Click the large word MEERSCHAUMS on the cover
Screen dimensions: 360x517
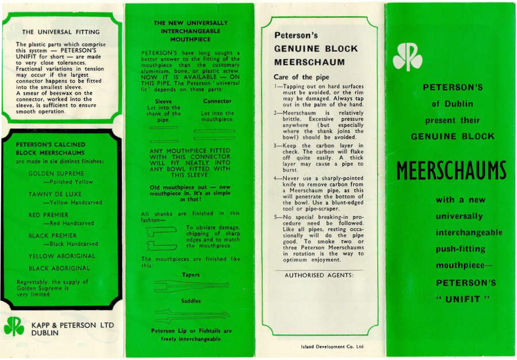[x=452, y=170]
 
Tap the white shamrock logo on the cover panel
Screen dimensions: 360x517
[x=407, y=57]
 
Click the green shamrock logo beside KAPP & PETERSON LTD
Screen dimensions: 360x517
[x=14, y=326]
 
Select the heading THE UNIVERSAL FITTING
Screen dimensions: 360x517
[x=61, y=32]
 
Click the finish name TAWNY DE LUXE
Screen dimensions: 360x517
[x=55, y=194]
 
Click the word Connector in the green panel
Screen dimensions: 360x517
[x=217, y=102]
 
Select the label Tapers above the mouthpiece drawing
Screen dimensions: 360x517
[x=191, y=274]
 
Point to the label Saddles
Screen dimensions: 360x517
[x=191, y=301]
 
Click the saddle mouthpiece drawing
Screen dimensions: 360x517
[x=191, y=315]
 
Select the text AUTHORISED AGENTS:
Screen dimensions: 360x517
[x=319, y=274]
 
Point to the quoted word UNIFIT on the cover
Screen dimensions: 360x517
[x=452, y=299]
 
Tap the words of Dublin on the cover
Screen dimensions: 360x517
[x=452, y=104]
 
